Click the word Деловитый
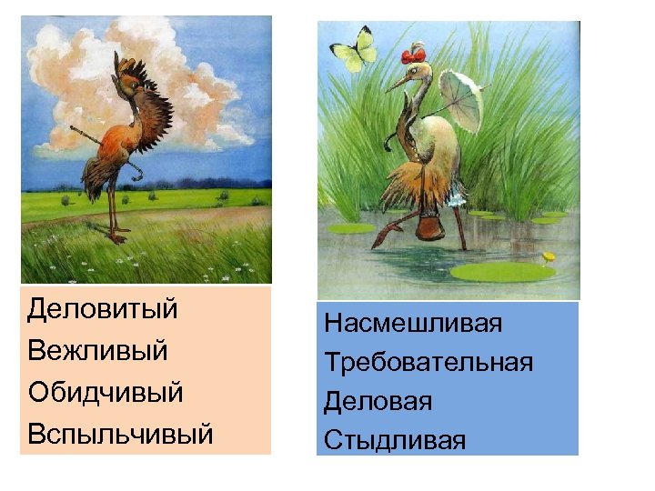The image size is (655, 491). (102, 309)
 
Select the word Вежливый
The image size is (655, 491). (97, 351)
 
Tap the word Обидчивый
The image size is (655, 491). (105, 392)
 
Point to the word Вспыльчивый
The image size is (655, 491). (120, 434)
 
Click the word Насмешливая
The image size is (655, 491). (413, 323)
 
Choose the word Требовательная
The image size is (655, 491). (428, 363)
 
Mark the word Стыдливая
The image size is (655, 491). (394, 441)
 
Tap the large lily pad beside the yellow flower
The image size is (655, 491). (499, 270)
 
